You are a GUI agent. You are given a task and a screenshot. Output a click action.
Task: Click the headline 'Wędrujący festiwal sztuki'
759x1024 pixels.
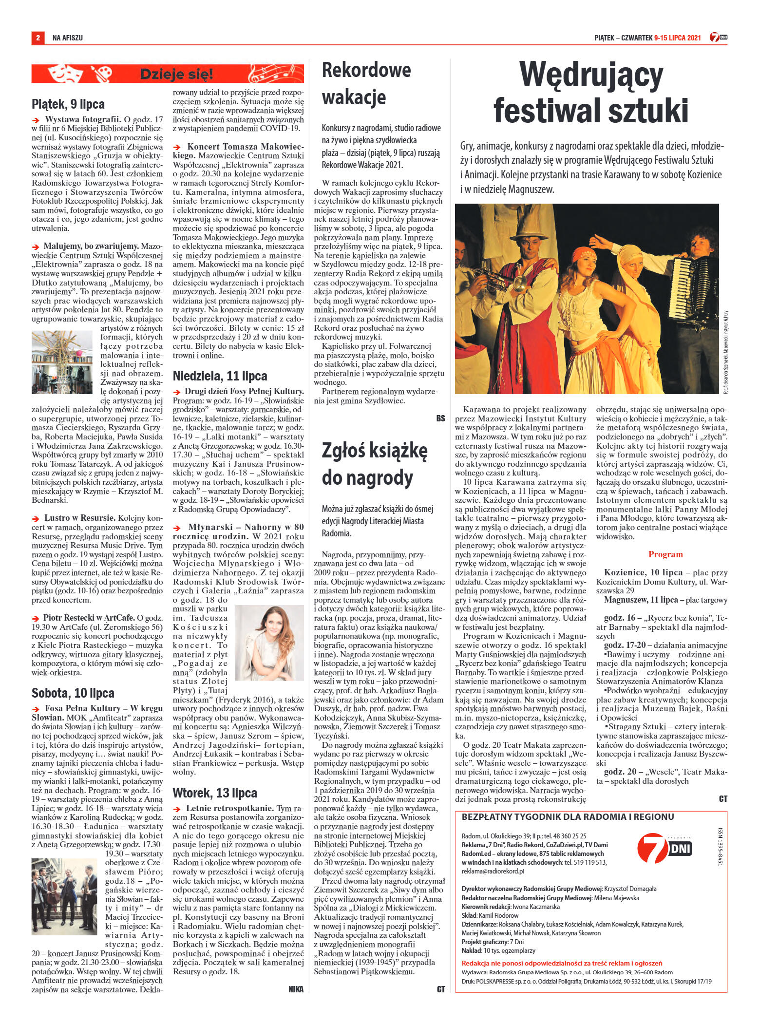coord(590,93)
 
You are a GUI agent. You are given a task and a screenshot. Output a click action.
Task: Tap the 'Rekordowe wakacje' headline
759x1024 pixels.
coord(366,84)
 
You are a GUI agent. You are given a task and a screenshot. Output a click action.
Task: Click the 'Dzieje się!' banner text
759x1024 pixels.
coord(176,75)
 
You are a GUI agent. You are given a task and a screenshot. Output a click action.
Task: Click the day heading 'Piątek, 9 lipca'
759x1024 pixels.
coord(68,104)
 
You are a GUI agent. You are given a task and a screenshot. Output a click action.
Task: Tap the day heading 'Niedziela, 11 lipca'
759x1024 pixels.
coord(220,376)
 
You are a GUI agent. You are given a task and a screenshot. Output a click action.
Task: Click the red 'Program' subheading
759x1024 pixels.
coord(665,554)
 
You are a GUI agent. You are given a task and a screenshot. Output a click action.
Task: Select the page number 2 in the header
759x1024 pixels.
coord(37,38)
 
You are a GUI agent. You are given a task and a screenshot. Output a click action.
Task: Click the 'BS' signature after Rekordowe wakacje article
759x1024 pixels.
coord(440,418)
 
